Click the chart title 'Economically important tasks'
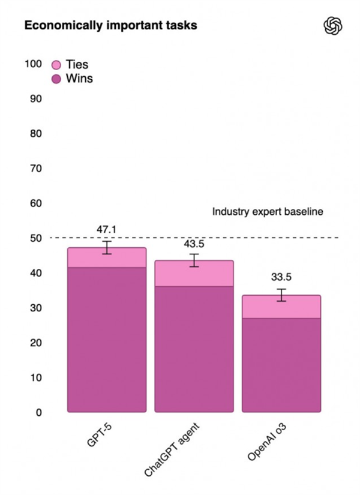pos(110,26)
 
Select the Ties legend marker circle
pos(57,65)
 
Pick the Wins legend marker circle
pos(57,79)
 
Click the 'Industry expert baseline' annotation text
pos(268,212)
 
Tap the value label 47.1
pos(107,230)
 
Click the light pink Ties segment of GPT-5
pos(107,258)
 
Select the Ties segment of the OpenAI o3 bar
pos(281,307)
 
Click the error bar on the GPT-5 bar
pos(107,247)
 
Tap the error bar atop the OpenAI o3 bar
pos(281,295)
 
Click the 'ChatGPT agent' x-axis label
pos(173,444)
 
